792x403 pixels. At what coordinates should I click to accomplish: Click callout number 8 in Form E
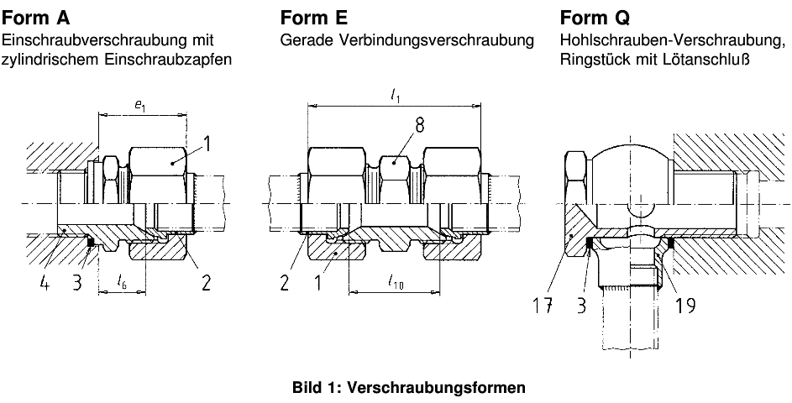[418, 124]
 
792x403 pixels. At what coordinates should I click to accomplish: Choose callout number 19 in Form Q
[684, 306]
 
